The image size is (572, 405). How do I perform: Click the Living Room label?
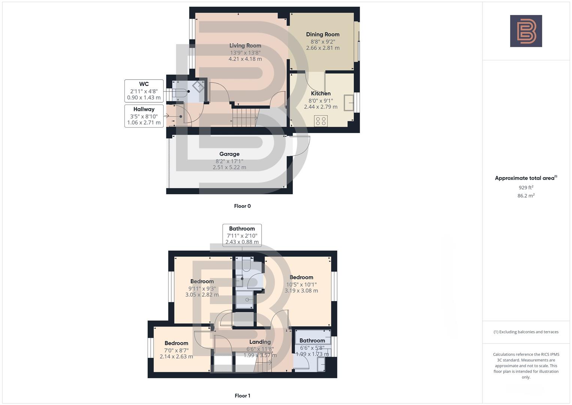click(x=245, y=45)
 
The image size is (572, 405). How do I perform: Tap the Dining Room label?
click(x=323, y=34)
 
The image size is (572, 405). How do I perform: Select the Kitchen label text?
click(x=321, y=93)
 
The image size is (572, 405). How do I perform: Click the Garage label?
click(x=229, y=154)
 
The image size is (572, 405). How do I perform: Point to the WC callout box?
click(x=144, y=91)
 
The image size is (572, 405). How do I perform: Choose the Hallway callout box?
click(x=144, y=115)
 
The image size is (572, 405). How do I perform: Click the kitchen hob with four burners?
click(x=321, y=121)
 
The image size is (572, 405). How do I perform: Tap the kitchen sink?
click(x=349, y=103)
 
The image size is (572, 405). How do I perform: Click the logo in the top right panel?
click(x=526, y=31)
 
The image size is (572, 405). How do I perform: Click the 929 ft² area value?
click(x=526, y=187)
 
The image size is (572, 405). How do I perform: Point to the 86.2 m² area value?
click(x=526, y=195)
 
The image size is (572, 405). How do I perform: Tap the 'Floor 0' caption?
click(x=242, y=206)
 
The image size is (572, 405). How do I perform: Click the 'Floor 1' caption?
click(x=242, y=396)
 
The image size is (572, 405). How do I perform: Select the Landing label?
click(x=260, y=342)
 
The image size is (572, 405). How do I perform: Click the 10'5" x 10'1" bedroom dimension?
click(x=301, y=284)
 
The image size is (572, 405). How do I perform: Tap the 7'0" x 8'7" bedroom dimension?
click(x=176, y=350)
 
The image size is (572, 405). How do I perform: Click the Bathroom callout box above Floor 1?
click(x=242, y=235)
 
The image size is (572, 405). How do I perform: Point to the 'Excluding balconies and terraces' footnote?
click(x=526, y=332)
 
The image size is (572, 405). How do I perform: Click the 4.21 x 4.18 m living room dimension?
click(x=245, y=59)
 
